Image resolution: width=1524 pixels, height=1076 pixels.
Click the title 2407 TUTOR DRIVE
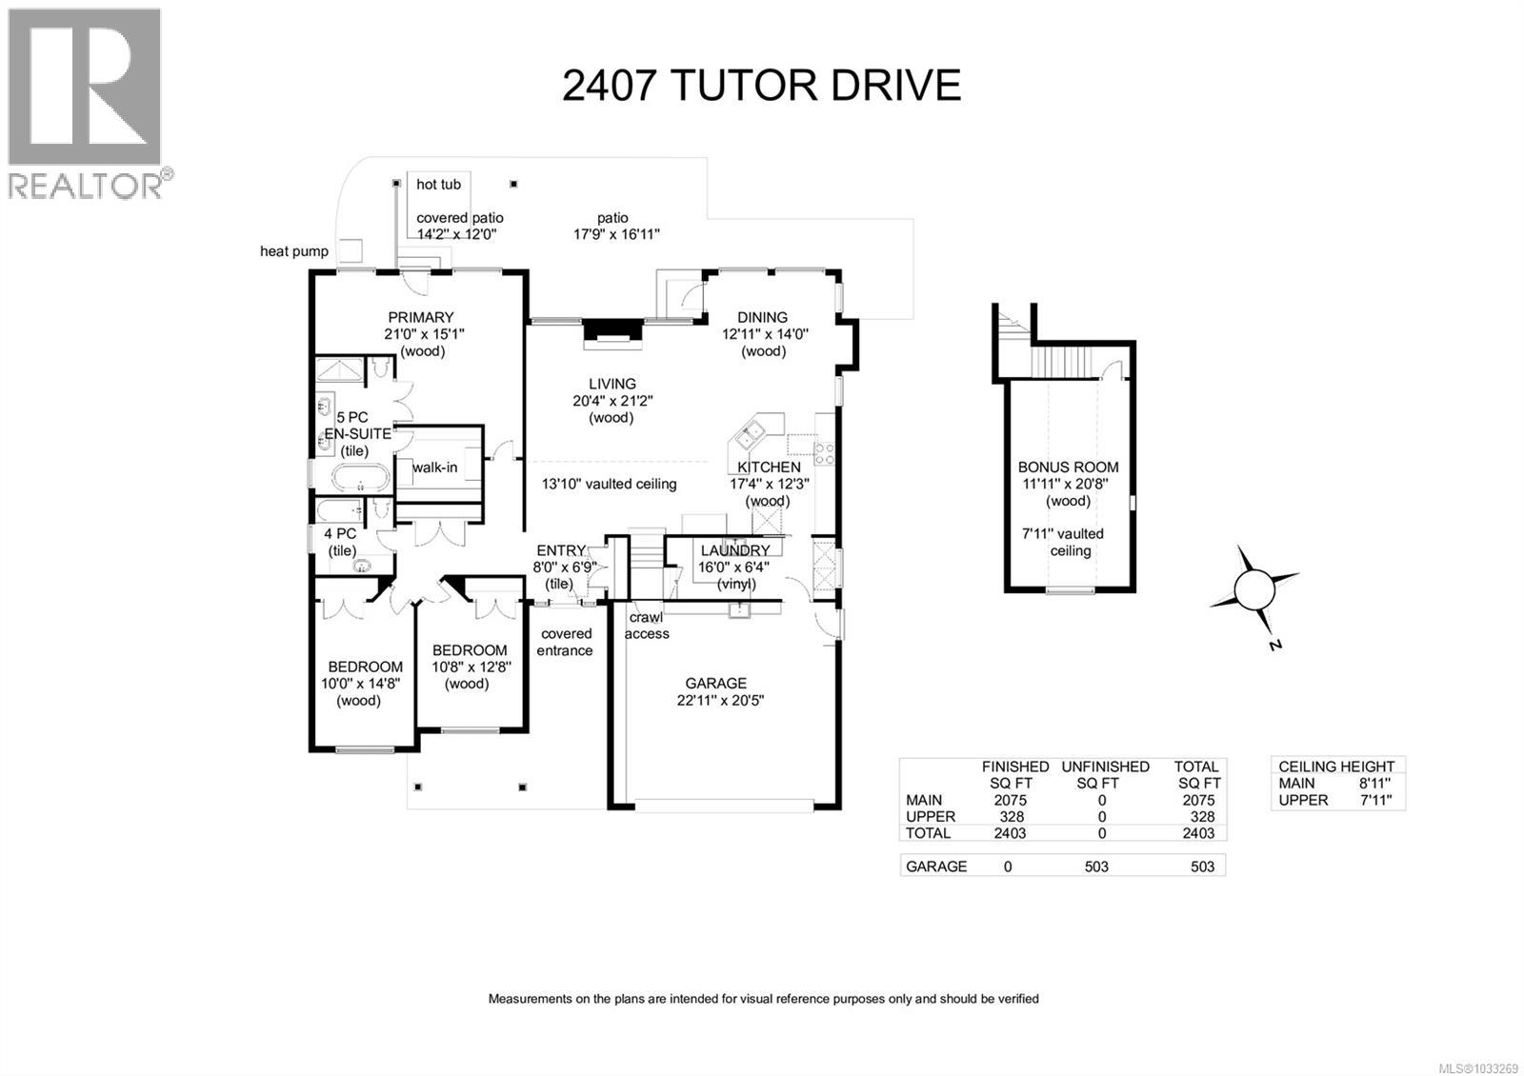pos(761,85)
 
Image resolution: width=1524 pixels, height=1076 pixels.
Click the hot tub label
pos(438,184)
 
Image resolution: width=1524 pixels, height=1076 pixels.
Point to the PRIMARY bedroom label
pos(420,317)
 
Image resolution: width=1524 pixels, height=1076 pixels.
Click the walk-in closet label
pos(434,468)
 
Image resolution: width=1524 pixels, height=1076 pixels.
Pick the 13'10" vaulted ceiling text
pos(610,484)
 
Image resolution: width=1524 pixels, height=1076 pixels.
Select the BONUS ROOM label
pos(1068,467)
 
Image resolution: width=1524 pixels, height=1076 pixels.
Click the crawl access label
pos(647,626)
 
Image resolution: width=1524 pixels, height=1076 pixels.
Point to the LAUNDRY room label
pos(734,550)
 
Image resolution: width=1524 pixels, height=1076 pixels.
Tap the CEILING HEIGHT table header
pos(1335,767)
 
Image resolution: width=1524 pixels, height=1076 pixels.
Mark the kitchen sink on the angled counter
pos(752,434)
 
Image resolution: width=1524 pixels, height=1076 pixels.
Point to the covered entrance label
pos(566,642)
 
